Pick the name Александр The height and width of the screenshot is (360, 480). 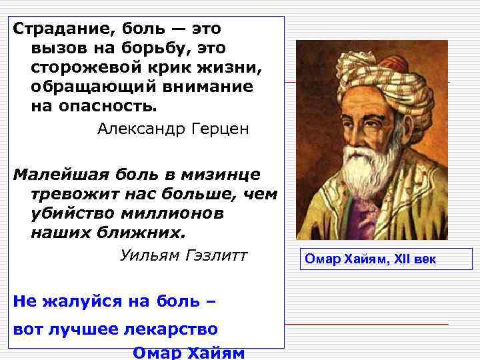(x=139, y=129)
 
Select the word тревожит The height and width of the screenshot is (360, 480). (x=70, y=195)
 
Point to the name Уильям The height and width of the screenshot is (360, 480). (x=148, y=256)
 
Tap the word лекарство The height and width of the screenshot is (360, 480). (x=179, y=329)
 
